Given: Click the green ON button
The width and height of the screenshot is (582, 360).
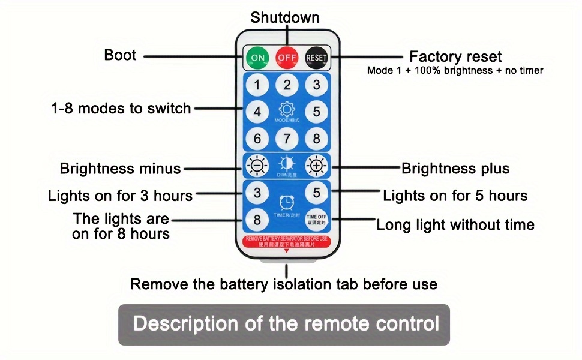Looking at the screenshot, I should click(x=257, y=58).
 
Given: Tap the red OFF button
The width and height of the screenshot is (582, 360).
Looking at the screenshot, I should click(x=287, y=58).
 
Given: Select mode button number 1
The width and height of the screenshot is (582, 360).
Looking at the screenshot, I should click(x=257, y=85).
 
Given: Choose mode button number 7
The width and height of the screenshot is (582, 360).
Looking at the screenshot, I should click(x=287, y=139).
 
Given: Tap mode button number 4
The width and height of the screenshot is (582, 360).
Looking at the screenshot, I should click(x=257, y=112).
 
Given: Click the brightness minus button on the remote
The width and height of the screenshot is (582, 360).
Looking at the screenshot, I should click(x=257, y=164).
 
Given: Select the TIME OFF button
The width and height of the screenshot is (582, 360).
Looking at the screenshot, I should click(x=316, y=219).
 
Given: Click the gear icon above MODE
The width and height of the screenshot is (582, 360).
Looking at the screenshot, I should click(x=287, y=109).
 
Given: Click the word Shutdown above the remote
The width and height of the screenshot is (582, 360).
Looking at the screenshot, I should click(x=285, y=17).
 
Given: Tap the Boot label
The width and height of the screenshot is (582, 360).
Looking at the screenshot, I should click(x=120, y=55).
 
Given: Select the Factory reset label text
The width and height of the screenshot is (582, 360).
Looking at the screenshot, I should click(x=455, y=57).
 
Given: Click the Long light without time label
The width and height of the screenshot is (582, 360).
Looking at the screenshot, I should click(x=455, y=225).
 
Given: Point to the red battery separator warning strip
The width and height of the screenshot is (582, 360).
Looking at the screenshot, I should click(x=286, y=241).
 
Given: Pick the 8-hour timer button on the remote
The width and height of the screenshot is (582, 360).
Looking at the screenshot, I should click(x=257, y=219).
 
